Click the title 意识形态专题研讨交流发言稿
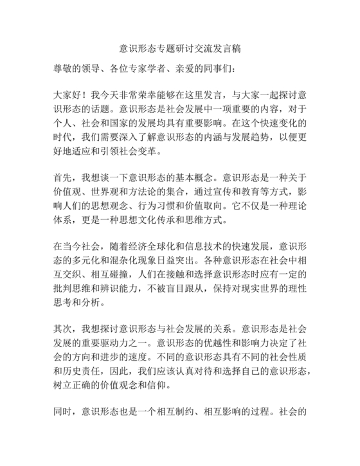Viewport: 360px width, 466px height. tap(181, 49)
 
